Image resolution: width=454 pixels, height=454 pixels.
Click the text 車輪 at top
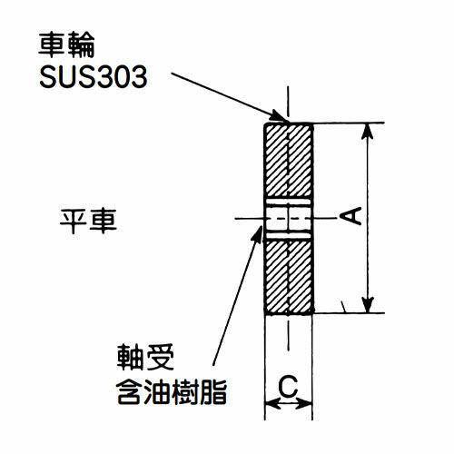pos(66,44)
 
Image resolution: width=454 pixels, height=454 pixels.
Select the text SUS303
pos(94,76)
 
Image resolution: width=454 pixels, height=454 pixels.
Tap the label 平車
pos(88,221)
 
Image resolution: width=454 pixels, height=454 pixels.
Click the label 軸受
pos(145,357)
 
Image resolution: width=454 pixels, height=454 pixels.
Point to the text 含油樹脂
pos(172,392)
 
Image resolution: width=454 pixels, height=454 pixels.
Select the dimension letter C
pos(288,386)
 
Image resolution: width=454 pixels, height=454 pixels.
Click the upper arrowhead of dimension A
pos(368,131)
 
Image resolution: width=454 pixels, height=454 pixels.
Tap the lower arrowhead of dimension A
pos(368,305)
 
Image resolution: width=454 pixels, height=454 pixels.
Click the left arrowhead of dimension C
pos(272,404)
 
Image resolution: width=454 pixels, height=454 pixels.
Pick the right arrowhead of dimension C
pos(304,404)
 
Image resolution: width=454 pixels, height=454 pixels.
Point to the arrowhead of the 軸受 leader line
pos(258,233)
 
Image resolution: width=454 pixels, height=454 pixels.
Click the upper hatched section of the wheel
pos(289,161)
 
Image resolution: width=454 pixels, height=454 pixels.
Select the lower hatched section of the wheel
pos(289,277)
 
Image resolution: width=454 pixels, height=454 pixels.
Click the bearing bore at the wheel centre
pos(289,219)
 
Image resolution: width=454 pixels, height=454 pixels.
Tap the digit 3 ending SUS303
pos(138,76)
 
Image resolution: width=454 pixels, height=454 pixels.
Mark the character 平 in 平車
pos(74,221)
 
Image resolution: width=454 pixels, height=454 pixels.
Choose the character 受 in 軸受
pos(160,357)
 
